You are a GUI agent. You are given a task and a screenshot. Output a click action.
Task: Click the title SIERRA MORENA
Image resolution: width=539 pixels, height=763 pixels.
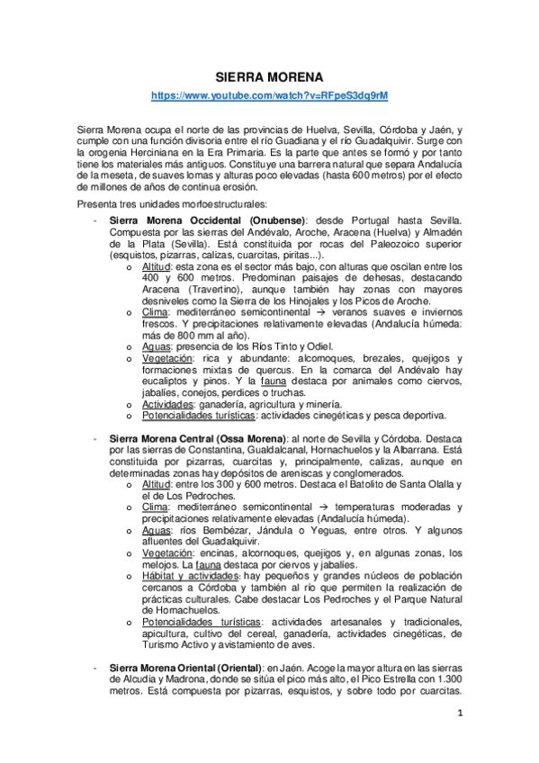(269, 77)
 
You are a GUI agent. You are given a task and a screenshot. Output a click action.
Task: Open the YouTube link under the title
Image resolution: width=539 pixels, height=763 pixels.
(269, 95)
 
